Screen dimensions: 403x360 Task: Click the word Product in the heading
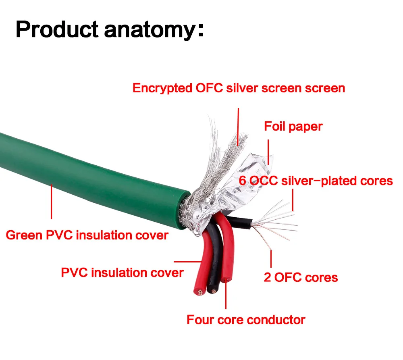pos(57,29)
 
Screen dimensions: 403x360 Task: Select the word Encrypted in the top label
pos(162,89)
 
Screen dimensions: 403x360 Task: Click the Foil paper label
pos(293,127)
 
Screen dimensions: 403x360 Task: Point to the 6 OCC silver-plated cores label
pos(316,181)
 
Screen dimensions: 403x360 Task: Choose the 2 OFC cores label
pos(301,277)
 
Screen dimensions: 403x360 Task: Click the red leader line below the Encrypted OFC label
pos(238,127)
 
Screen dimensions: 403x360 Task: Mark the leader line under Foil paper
pos(268,152)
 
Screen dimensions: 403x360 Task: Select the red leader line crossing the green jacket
pos(52,202)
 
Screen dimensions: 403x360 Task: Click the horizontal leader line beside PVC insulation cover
pos(188,262)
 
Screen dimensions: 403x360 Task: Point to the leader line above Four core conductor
pos(226,293)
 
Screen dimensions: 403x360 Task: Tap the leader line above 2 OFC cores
pos(271,259)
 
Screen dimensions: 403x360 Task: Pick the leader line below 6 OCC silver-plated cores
pos(293,200)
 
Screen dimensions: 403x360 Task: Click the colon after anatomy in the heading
pos(201,30)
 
